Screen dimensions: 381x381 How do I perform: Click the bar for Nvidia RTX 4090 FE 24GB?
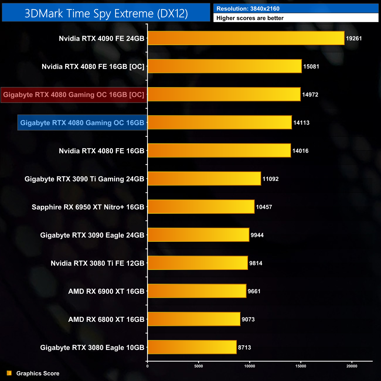[246, 38]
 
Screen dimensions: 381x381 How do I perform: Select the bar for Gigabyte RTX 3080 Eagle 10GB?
[192, 347]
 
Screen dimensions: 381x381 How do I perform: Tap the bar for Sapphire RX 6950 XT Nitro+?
[201, 207]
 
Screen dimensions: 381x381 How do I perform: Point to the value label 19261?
[354, 38]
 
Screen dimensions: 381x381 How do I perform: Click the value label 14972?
[310, 95]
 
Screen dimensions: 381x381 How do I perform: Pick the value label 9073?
[248, 319]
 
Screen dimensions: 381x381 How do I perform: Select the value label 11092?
[271, 179]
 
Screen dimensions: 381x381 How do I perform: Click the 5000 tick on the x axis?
[199, 366]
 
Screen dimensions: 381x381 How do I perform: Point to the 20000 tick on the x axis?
[352, 366]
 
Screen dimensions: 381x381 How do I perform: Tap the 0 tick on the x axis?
[147, 366]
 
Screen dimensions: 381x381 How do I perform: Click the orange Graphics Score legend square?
[9, 373]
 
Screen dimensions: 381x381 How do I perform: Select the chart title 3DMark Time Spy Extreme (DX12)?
[106, 13]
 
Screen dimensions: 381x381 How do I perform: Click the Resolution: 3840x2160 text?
[248, 9]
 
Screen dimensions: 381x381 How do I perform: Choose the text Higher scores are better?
[250, 18]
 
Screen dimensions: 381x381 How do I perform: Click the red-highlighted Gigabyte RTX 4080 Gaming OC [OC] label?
[74, 95]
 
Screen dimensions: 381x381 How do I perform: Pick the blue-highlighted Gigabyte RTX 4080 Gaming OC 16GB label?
[82, 123]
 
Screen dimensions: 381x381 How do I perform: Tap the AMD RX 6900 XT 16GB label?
[106, 291]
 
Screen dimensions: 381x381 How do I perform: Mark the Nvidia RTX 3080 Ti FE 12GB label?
[97, 263]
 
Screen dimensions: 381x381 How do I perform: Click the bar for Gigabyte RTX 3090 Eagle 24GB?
[198, 235]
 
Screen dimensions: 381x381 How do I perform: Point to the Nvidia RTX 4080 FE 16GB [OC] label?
[93, 67]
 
